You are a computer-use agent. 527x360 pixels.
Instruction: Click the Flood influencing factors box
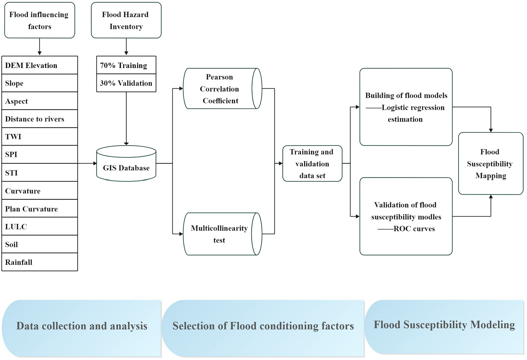pos(39,20)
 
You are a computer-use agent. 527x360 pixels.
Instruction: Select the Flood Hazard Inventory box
pos(126,20)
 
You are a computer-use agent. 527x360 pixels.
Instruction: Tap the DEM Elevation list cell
pos(39,65)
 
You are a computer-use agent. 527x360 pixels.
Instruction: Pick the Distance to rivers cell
pos(39,119)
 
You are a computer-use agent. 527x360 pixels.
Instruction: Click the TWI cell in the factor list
pos(39,136)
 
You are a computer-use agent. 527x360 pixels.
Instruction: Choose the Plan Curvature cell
pos(39,209)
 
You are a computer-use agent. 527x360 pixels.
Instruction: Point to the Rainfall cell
pos(39,262)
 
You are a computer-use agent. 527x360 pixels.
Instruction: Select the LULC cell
pos(39,226)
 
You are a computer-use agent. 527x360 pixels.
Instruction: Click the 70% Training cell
pos(126,65)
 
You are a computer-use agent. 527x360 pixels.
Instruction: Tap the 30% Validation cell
pos(126,83)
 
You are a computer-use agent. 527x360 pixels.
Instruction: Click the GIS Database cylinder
pos(126,165)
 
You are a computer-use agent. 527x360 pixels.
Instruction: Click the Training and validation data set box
pos(312,164)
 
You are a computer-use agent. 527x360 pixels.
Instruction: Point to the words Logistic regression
pos(413,108)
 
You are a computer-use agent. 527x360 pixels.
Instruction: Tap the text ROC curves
pos(414,229)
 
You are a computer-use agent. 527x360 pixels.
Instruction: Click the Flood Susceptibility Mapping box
pos(490,164)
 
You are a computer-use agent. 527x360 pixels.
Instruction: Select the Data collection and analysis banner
pos(82,326)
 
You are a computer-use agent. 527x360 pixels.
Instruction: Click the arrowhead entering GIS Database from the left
pos(95,163)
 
